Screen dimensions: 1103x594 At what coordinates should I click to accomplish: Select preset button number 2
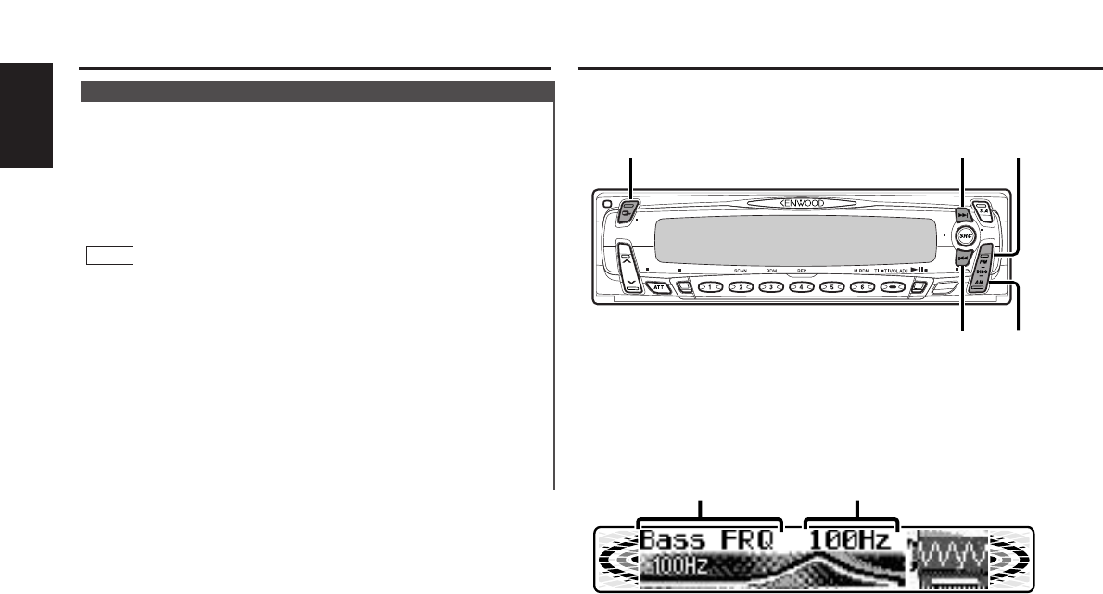coord(740,288)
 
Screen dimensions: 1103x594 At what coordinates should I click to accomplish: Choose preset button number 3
coord(770,288)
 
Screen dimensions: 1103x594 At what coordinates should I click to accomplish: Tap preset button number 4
coord(801,288)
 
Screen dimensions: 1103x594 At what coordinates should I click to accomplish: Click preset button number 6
coord(862,288)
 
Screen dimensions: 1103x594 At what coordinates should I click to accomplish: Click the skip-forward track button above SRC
coord(964,214)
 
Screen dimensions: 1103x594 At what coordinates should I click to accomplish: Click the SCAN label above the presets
coord(740,272)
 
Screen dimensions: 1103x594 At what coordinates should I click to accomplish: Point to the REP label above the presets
coord(801,272)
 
